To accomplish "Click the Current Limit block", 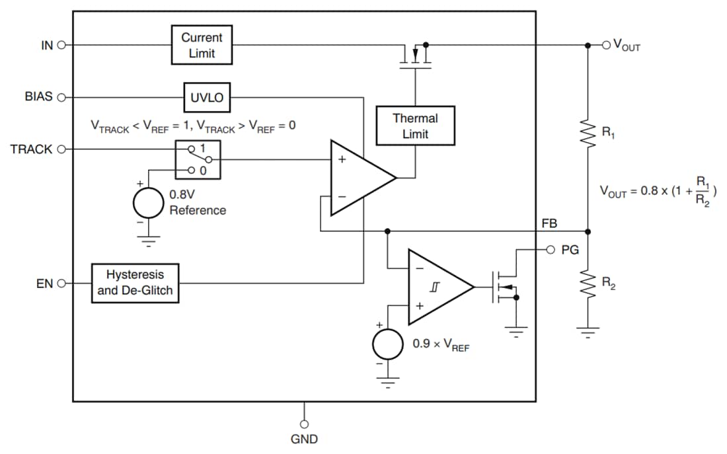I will click(x=202, y=45).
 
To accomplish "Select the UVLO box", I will click(x=207, y=98).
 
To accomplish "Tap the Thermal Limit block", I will click(x=415, y=126).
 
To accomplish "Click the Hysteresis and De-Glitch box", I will click(x=135, y=283).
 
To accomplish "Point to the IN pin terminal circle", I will click(x=62, y=46).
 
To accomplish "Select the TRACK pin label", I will click(x=31, y=149).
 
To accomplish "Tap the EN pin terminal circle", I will click(x=62, y=284).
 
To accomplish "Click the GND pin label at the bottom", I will click(x=304, y=439).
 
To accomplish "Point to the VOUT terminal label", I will click(x=627, y=46).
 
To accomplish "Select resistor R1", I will click(x=588, y=133).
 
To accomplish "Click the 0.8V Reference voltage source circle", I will click(x=149, y=203).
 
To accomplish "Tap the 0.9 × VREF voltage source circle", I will click(x=388, y=344).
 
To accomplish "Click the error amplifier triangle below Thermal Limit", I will click(x=358, y=178).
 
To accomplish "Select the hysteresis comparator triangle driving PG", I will click(x=436, y=287).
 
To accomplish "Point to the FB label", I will click(x=549, y=224).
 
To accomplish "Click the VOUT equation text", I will click(x=658, y=191).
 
